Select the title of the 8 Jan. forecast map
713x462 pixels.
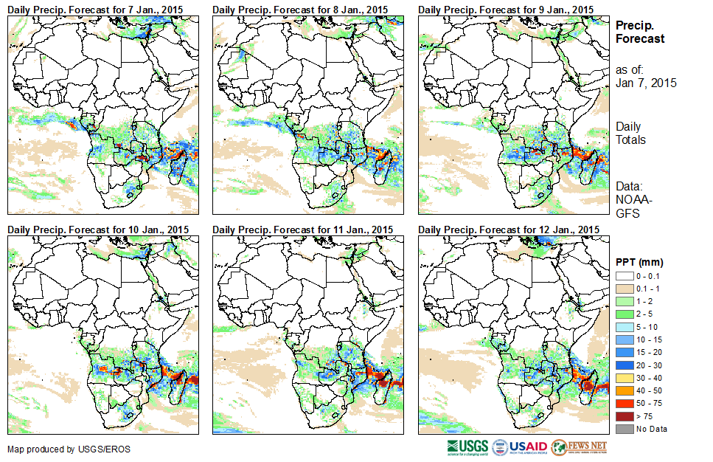pyautogui.click(x=299, y=10)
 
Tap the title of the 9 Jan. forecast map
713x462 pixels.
pyautogui.click(x=505, y=10)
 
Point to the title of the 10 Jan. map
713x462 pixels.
pyautogui.click(x=98, y=230)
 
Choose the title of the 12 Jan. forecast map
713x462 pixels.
pyautogui.click(x=508, y=230)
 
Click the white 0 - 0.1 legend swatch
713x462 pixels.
pyautogui.click(x=625, y=276)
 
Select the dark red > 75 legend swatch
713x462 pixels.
pyautogui.click(x=625, y=417)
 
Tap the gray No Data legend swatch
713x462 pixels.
pyautogui.click(x=625, y=429)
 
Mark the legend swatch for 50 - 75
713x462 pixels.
pyautogui.click(x=625, y=404)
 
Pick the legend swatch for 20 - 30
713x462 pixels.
pyautogui.click(x=625, y=365)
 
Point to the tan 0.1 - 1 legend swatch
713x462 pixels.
pyautogui.click(x=625, y=289)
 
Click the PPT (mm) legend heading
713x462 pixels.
pyautogui.click(x=639, y=262)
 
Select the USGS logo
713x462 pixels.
pyautogui.click(x=466, y=447)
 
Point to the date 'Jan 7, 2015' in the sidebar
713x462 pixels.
pyautogui.click(x=646, y=83)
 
